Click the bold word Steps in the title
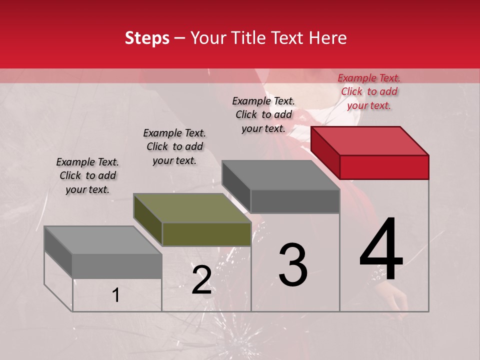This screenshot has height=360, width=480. pyautogui.click(x=147, y=38)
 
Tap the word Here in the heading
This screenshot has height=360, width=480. pyautogui.click(x=327, y=38)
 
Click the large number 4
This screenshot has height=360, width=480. pyautogui.click(x=381, y=250)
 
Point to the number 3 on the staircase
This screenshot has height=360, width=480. pyautogui.click(x=292, y=265)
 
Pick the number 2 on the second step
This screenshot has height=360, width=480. pyautogui.click(x=201, y=280)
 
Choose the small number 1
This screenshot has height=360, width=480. pyautogui.click(x=116, y=295)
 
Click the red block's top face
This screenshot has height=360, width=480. pyautogui.click(x=369, y=140)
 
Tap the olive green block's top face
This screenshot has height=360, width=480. pyautogui.click(x=192, y=208)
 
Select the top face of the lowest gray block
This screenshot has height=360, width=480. pyautogui.click(x=103, y=240)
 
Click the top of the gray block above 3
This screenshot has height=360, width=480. pyautogui.click(x=280, y=175)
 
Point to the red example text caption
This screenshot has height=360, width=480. pyautogui.click(x=369, y=91)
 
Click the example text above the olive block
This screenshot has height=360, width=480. pyautogui.click(x=174, y=146)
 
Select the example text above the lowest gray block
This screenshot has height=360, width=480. pyautogui.click(x=87, y=175)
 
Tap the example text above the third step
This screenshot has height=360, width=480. pyautogui.click(x=263, y=114)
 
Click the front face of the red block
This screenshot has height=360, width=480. pyautogui.click(x=384, y=167)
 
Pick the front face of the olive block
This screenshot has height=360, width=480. pyautogui.click(x=206, y=234)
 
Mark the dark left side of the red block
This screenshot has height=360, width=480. pyautogui.click(x=325, y=152)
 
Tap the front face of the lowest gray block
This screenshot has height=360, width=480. pyautogui.click(x=117, y=266)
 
